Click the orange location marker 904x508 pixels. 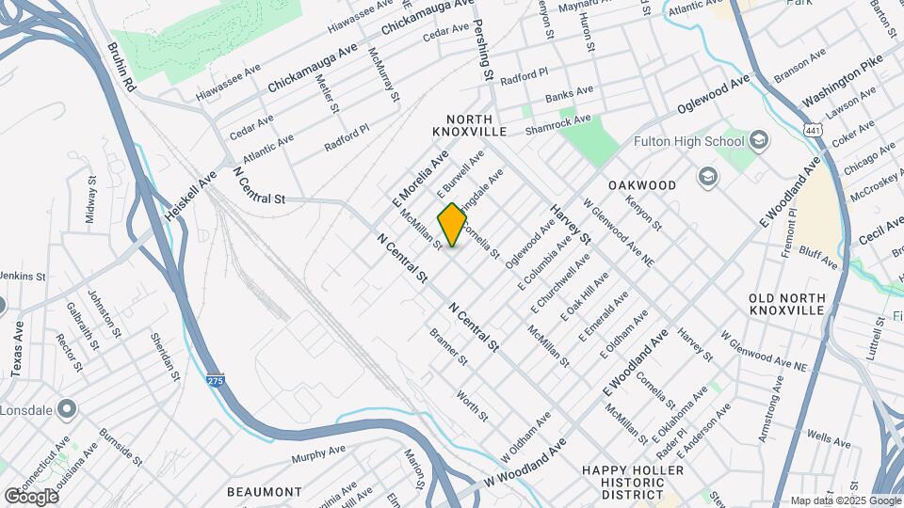coord(452,225)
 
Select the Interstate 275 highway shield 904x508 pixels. coord(216,378)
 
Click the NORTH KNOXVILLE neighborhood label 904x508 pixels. coord(471,125)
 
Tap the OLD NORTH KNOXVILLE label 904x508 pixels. coord(787,304)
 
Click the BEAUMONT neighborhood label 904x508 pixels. coord(265,491)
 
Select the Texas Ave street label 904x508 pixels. coord(18,348)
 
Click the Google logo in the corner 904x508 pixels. coord(31,496)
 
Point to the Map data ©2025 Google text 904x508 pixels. coord(844,500)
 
